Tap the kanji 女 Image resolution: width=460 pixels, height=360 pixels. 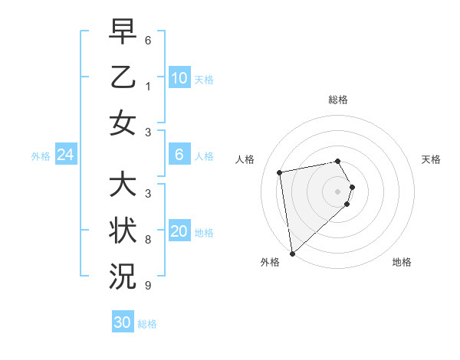pyautogui.click(x=123, y=123)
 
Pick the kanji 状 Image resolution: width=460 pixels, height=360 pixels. pyautogui.click(x=123, y=231)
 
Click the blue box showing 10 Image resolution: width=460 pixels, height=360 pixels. pyautogui.click(x=179, y=78)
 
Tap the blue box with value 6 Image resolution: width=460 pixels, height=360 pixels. pyautogui.click(x=179, y=155)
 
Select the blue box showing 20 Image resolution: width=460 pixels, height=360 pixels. pyautogui.click(x=179, y=232)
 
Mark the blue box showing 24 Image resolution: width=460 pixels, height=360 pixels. pyautogui.click(x=65, y=155)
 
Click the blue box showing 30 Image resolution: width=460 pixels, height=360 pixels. pyautogui.click(x=123, y=322)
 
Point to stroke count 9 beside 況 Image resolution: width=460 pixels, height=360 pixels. pyautogui.click(x=147, y=286)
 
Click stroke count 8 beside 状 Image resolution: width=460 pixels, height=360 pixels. pyautogui.click(x=147, y=240)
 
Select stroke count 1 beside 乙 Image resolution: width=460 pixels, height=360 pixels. pyautogui.click(x=147, y=86)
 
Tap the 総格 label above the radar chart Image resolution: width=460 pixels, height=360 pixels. pyautogui.click(x=338, y=100)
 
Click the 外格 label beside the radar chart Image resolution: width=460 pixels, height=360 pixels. pyautogui.click(x=270, y=263)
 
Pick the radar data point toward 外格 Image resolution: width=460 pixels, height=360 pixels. pyautogui.click(x=292, y=253)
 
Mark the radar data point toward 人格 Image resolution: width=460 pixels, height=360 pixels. pyautogui.click(x=280, y=172)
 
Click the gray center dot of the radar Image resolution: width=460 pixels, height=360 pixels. pyautogui.click(x=338, y=191)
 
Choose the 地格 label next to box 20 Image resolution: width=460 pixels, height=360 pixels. pyautogui.click(x=205, y=233)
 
